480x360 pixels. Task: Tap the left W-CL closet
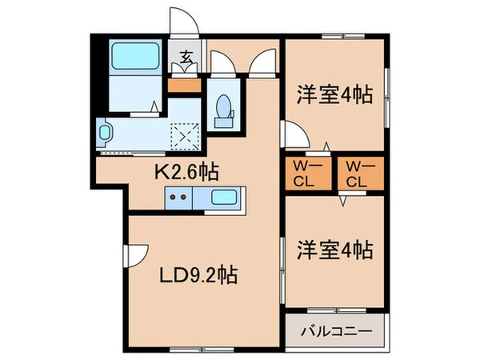306,174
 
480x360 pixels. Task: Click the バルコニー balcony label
336,330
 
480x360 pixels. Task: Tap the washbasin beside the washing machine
106,131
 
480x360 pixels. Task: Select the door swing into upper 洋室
292,132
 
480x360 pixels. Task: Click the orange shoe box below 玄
186,82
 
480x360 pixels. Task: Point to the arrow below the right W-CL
342,202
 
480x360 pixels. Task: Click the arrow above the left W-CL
326,146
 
